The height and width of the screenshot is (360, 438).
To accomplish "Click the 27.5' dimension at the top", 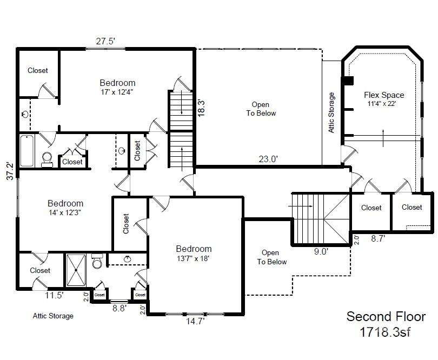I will pyautogui.click(x=105, y=41).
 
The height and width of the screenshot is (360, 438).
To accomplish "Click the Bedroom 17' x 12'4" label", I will pyautogui.click(x=117, y=87).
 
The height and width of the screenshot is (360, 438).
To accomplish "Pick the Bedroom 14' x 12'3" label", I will pyautogui.click(x=65, y=208).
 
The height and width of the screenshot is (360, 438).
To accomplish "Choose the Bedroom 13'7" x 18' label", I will pyautogui.click(x=194, y=253).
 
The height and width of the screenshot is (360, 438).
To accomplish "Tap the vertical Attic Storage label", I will pyautogui.click(x=331, y=112).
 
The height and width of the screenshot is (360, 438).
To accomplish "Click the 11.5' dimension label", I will pyautogui.click(x=54, y=295).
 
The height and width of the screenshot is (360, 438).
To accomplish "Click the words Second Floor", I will pyautogui.click(x=386, y=317).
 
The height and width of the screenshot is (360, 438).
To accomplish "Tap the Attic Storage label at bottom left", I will pyautogui.click(x=53, y=316).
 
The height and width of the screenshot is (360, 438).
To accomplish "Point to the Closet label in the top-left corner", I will pyautogui.click(x=38, y=70).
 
